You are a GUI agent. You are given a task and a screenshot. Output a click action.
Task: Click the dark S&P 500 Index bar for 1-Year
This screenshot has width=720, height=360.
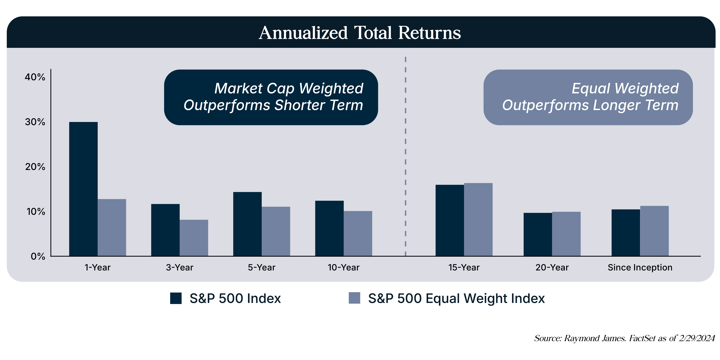tap(83, 189)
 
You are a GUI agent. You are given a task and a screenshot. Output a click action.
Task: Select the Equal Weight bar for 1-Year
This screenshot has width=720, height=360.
tap(112, 228)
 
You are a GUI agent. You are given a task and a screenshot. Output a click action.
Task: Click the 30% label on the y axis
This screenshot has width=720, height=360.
tap(35, 122)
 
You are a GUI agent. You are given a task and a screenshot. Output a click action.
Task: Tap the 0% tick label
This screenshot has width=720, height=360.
tap(38, 256)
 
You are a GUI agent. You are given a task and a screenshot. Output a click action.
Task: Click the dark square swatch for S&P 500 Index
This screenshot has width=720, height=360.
tap(176, 298)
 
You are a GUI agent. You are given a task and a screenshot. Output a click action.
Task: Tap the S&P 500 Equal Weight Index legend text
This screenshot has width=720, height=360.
tap(456, 298)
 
